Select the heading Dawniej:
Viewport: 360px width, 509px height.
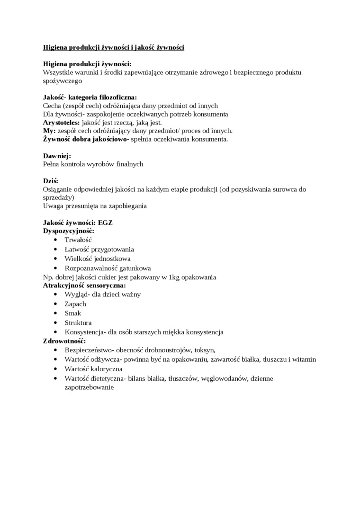click(57, 156)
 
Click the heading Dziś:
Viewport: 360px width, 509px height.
click(51, 181)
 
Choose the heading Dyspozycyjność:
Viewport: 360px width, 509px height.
click(69, 231)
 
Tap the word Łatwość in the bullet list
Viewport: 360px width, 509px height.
click(77, 249)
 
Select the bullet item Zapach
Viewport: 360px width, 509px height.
click(75, 304)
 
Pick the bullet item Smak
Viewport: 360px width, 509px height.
click(73, 313)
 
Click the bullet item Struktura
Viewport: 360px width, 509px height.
click(78, 322)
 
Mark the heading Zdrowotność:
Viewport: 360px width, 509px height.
click(64, 341)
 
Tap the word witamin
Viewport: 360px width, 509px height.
click(304, 359)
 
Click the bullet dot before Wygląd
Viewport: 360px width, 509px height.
click(56, 295)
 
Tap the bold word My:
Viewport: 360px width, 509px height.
click(49, 131)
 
